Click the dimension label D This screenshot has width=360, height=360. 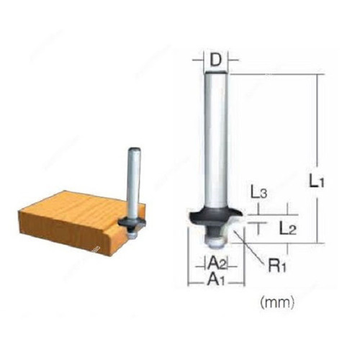coord(216,60)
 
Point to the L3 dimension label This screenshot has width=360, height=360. coord(258,192)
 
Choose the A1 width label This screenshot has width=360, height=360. coord(216,279)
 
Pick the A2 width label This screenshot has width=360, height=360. coord(217,264)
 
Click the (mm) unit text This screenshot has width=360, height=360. coord(277,302)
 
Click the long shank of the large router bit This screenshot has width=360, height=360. coord(216,139)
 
